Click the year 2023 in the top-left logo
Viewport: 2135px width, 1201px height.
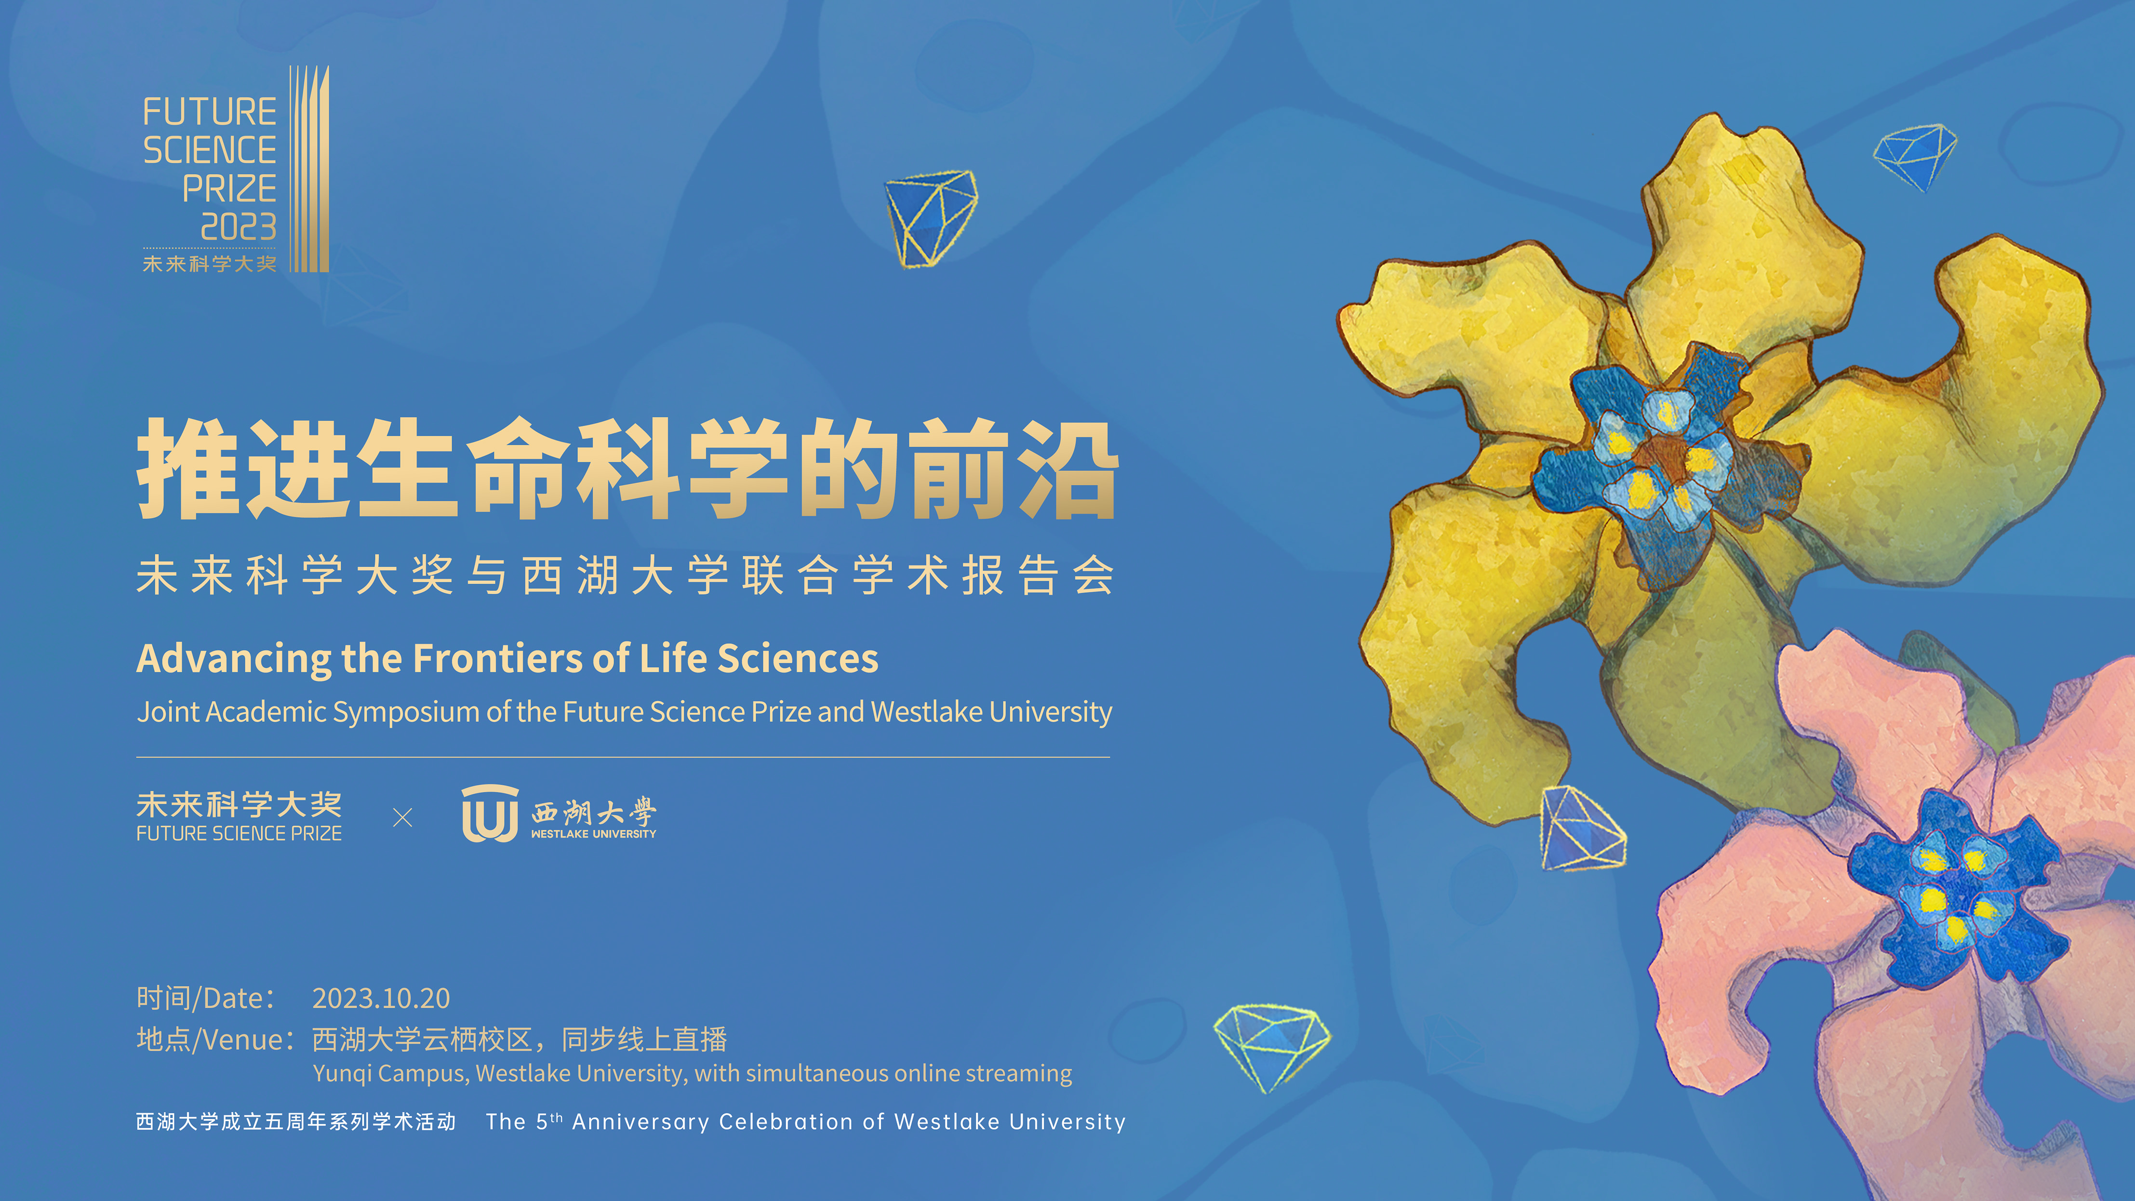(x=239, y=227)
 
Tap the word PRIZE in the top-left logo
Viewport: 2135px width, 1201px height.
(x=229, y=188)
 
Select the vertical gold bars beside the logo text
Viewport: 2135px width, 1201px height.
(x=309, y=169)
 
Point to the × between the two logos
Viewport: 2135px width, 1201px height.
(x=403, y=818)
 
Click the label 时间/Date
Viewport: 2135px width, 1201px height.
(x=205, y=998)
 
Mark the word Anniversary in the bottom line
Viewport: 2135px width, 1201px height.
(x=640, y=1122)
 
